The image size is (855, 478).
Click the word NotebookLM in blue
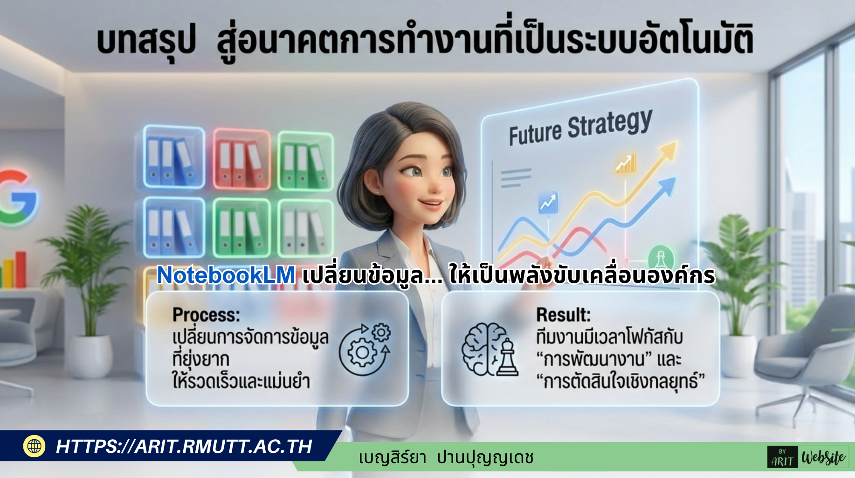[x=226, y=275]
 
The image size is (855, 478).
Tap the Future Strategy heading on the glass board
[x=580, y=127]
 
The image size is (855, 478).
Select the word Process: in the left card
[x=206, y=315]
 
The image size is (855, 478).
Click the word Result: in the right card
[x=563, y=315]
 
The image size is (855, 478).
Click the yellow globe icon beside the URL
[x=34, y=446]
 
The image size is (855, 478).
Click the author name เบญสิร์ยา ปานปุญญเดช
[x=446, y=458]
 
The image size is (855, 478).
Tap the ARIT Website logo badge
[x=808, y=457]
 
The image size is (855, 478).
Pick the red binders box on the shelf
[x=241, y=159]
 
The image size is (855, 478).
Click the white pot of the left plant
[x=90, y=357]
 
